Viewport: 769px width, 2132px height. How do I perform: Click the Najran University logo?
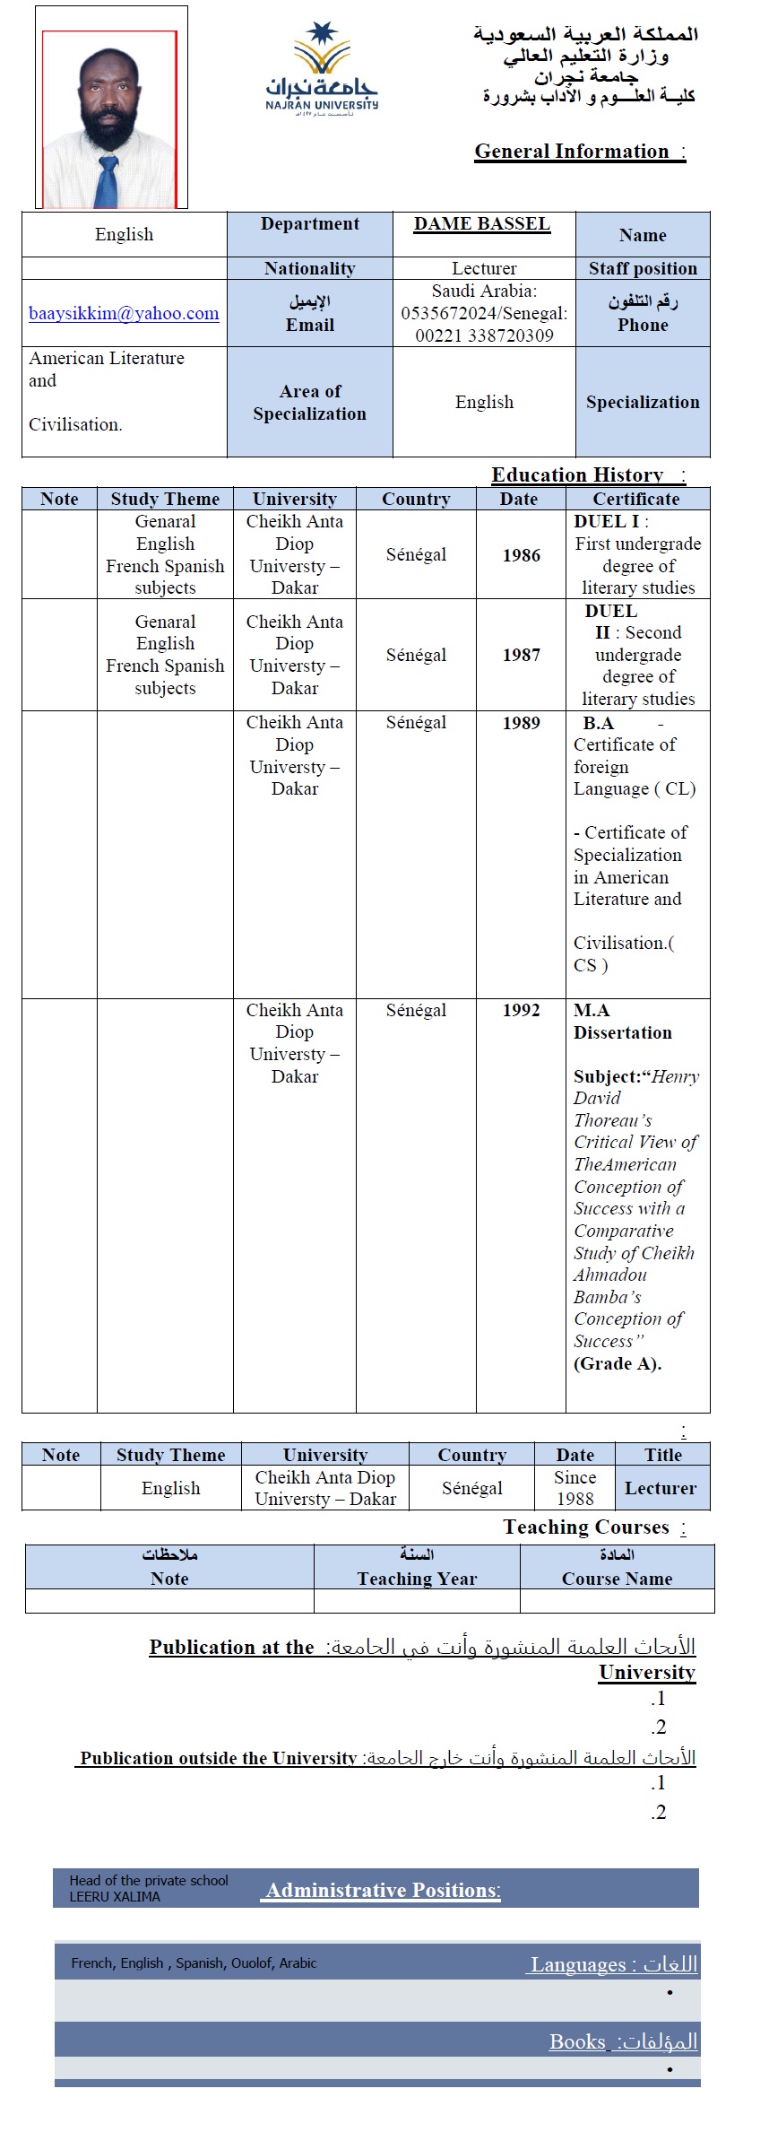322,71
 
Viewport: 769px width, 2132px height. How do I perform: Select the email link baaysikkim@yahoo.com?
124,314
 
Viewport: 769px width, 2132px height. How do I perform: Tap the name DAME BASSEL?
482,224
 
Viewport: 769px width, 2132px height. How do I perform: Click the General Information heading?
579,152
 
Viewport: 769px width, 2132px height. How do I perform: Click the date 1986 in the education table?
521,555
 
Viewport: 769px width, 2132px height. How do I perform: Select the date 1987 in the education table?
521,655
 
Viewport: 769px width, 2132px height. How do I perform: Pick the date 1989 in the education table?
521,723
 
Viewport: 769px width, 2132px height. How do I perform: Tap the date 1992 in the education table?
521,1011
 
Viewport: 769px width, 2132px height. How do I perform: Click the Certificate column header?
636,499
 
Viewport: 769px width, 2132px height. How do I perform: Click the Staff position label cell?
643,268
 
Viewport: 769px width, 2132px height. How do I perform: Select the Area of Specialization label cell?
309,402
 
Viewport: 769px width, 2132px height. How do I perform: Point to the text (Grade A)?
617,1363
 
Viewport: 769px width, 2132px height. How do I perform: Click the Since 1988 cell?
575,1488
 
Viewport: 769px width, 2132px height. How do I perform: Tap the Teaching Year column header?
417,1579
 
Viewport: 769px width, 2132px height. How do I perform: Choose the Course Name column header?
617,1579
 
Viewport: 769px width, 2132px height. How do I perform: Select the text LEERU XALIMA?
115,1897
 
